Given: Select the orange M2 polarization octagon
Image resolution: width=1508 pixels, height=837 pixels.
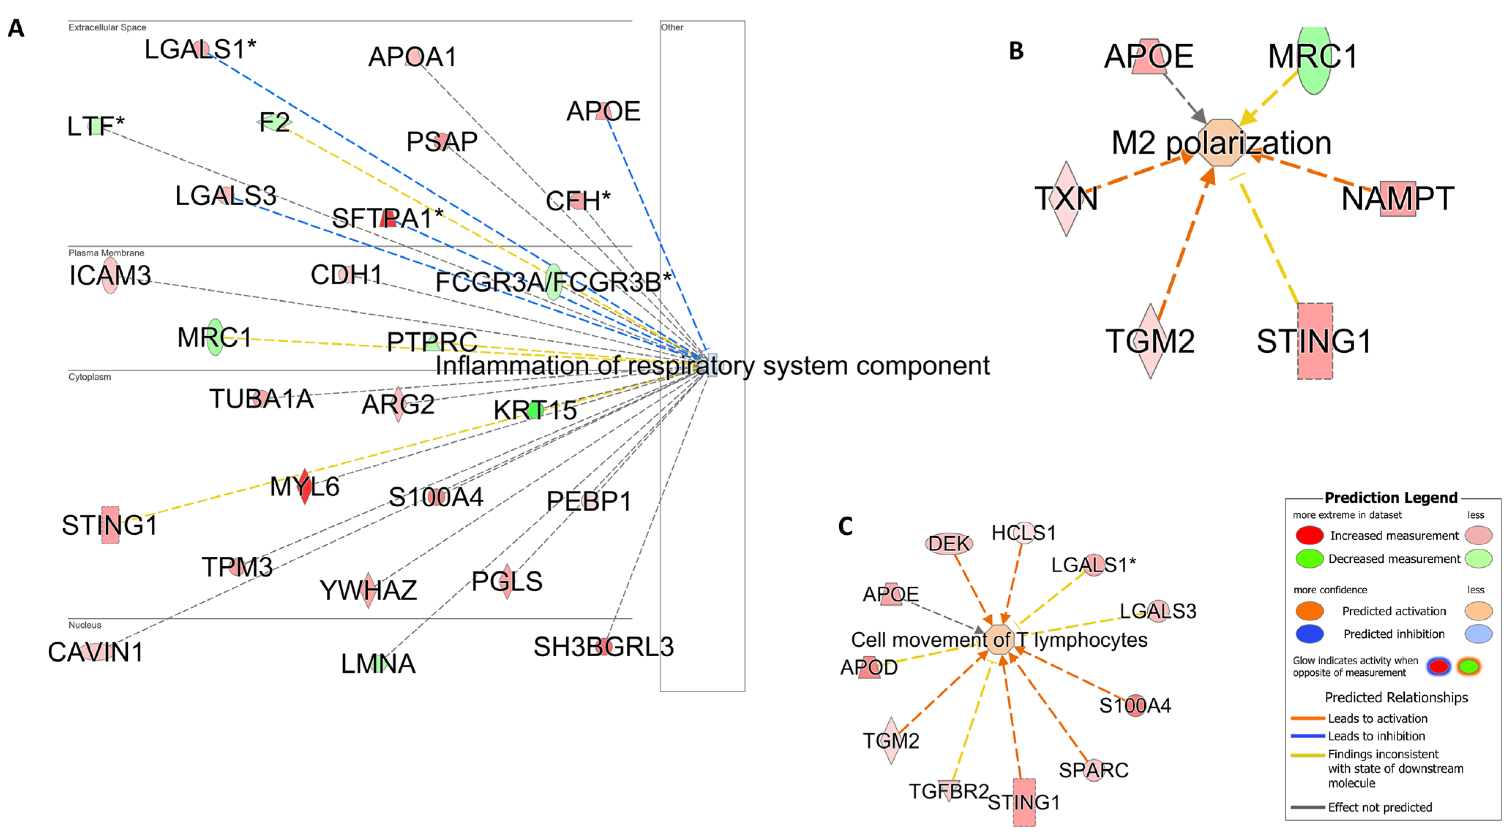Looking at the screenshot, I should [1220, 142].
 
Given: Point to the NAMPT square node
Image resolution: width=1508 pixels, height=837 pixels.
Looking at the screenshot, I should [1398, 199].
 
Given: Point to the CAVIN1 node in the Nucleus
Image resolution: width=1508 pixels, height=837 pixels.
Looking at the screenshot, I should [95, 652].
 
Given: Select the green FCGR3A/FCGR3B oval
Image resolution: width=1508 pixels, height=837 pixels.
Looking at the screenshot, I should [553, 282].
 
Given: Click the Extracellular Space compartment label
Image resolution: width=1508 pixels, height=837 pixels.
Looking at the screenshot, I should [107, 27].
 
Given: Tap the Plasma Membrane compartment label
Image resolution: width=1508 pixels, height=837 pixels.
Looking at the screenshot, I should [106, 253].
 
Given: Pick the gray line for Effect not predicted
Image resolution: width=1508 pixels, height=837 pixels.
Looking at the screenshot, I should [1307, 807].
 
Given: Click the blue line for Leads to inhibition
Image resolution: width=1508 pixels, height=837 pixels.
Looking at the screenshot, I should [1307, 736].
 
